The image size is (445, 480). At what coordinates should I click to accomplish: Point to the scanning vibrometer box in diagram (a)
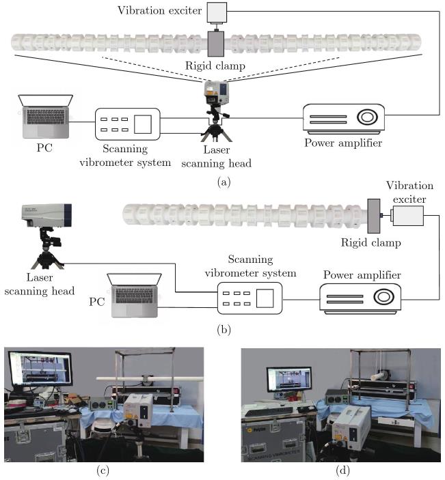coord(126,123)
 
